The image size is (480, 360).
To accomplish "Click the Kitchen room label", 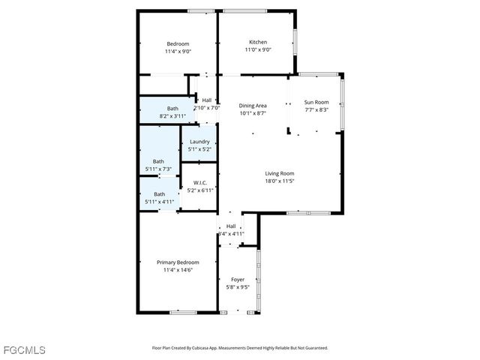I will [x=258, y=42].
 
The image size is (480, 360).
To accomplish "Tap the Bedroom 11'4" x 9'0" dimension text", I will [x=178, y=52].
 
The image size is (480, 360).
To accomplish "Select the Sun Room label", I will [x=316, y=102].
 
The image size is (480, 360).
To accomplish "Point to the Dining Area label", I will [x=253, y=106].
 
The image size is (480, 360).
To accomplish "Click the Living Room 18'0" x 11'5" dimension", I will [x=279, y=181].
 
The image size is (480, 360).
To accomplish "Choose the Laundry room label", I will [x=199, y=142].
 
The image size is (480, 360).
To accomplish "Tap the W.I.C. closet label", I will [x=199, y=182].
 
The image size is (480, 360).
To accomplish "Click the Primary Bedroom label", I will [x=178, y=262].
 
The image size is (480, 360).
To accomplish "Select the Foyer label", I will [x=237, y=279].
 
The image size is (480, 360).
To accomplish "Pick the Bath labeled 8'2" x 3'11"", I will [x=172, y=109].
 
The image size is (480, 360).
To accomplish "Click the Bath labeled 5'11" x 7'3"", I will [x=158, y=161].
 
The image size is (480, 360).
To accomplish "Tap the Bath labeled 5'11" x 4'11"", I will [x=159, y=194].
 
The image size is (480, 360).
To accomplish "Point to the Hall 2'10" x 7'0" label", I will [x=206, y=100].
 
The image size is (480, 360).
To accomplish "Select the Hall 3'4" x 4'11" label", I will [x=231, y=226].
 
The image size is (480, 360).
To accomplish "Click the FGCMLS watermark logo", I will [x=23, y=350].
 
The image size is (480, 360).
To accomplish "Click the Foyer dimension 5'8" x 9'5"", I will [x=237, y=286].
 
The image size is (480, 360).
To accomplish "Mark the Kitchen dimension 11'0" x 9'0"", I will [x=258, y=49].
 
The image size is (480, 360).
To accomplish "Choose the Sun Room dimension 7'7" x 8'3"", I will [x=316, y=109].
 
